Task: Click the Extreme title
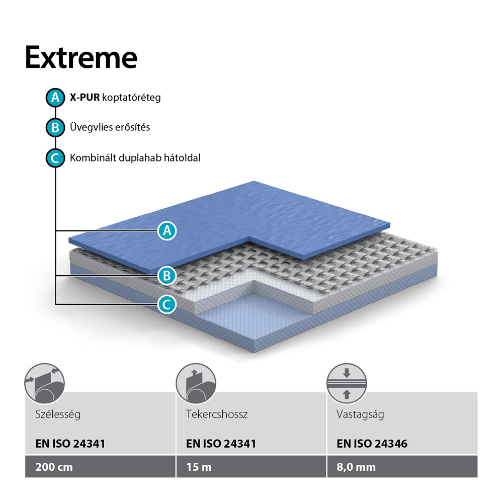point(81,57)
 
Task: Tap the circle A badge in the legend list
point(55,98)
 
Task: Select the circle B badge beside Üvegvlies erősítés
point(55,127)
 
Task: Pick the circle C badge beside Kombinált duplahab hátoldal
point(55,158)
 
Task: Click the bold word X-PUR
point(85,97)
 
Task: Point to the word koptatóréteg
point(131,98)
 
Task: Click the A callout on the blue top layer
point(167,231)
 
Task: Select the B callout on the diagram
point(167,276)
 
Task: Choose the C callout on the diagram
point(167,304)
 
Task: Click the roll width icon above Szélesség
point(45,383)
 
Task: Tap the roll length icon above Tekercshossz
point(196,383)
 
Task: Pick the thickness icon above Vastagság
point(347,383)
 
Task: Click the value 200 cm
point(54,467)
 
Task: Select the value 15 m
point(199,467)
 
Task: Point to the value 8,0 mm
point(356,467)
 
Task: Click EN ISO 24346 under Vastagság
point(372,444)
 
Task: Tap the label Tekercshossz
point(217,414)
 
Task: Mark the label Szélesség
point(58,414)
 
